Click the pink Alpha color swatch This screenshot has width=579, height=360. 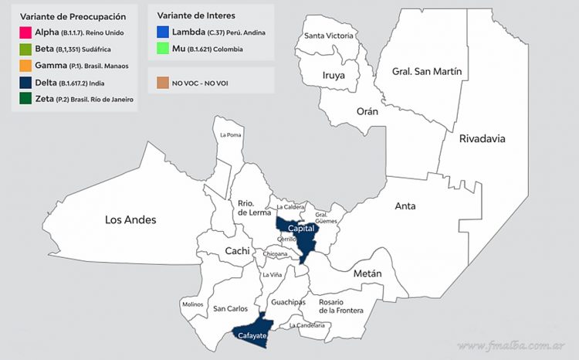25,32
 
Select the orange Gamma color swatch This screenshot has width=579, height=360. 25,66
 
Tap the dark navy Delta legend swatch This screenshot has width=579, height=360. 25,83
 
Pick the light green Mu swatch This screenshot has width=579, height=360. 164,49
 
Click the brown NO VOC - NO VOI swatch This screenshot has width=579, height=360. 164,82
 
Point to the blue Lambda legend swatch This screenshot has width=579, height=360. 164,32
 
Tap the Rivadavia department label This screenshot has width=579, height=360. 482,139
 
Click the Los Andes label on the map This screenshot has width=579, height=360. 130,220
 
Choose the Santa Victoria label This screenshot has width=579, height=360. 329,36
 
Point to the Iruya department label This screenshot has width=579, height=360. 339,76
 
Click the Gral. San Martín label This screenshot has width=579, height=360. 427,71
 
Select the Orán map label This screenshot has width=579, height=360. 367,111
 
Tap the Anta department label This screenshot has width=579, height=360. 405,206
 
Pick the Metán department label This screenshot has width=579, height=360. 367,273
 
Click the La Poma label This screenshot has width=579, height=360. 230,135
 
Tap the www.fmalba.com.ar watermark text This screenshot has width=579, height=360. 513,345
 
